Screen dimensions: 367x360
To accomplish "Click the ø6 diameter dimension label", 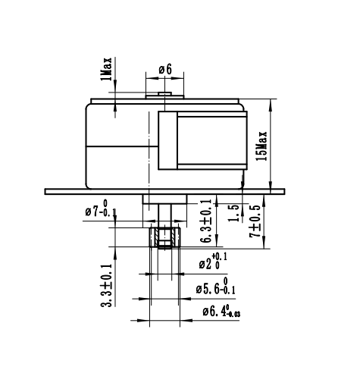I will tap(165, 70).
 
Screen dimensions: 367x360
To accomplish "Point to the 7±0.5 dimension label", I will tap(255, 220).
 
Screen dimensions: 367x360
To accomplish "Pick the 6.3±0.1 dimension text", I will tap(206, 221).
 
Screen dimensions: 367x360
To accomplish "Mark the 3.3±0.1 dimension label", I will tap(107, 285).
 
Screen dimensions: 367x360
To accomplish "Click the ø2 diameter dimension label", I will tap(214, 263).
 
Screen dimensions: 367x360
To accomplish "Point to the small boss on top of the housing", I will tap(164, 95).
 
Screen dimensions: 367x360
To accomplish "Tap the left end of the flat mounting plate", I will tap(49, 190).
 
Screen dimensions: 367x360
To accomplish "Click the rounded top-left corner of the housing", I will tap(89, 107).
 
